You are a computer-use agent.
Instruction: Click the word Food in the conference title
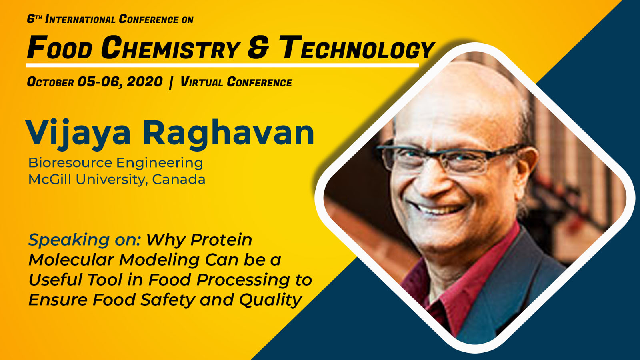[60, 48]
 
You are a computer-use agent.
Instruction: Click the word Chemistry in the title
[170, 48]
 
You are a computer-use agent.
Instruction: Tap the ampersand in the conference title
[258, 48]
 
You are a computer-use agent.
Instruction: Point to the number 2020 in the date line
[144, 82]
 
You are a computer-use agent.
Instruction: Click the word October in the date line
[50, 82]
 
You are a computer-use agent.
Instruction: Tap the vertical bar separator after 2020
[171, 82]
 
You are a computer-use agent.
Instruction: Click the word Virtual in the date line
[202, 82]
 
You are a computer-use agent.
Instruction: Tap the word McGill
[50, 180]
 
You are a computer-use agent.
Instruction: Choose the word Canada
[178, 180]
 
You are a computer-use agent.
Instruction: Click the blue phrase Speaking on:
[84, 240]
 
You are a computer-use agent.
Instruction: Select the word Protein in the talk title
[222, 240]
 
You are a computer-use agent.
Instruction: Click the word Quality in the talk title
[270, 300]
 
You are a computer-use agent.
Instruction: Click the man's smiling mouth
[438, 208]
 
